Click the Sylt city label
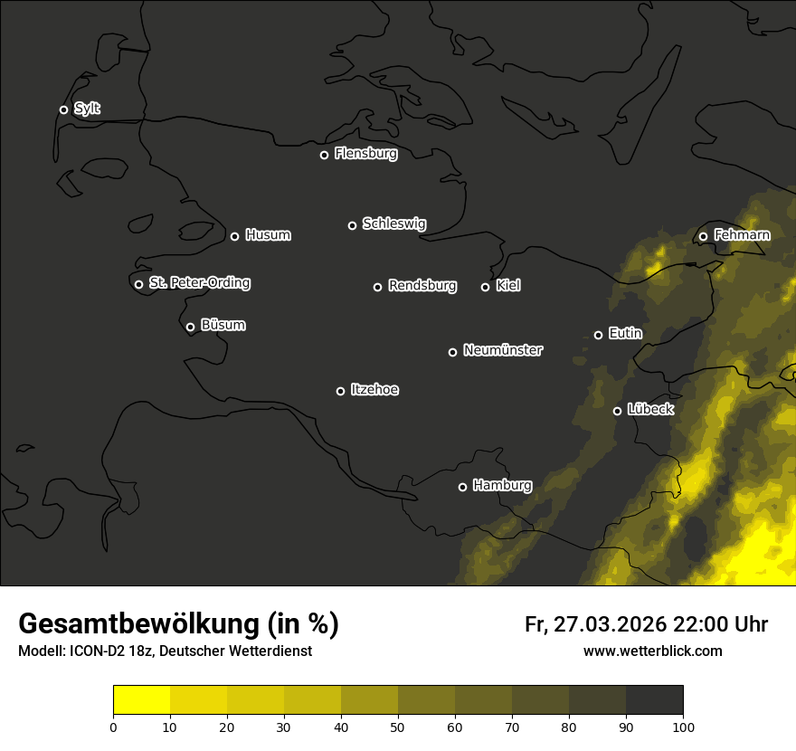pos(87,109)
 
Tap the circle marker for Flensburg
pos(324,155)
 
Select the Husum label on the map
pos(268,235)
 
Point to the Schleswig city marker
pos(352,225)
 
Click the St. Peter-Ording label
pos(199,283)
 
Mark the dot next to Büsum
pos(190,328)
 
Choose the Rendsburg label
pos(422,286)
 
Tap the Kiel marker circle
pos(485,287)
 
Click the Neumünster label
pos(502,350)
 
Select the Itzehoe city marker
pos(340,391)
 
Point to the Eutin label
pos(625,334)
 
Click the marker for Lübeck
pos(617,411)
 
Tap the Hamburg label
pos(502,486)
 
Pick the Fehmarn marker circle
pos(703,237)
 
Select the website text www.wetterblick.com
pos(652,651)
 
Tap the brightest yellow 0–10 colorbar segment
pos(141,700)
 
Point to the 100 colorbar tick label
pos(683,726)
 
